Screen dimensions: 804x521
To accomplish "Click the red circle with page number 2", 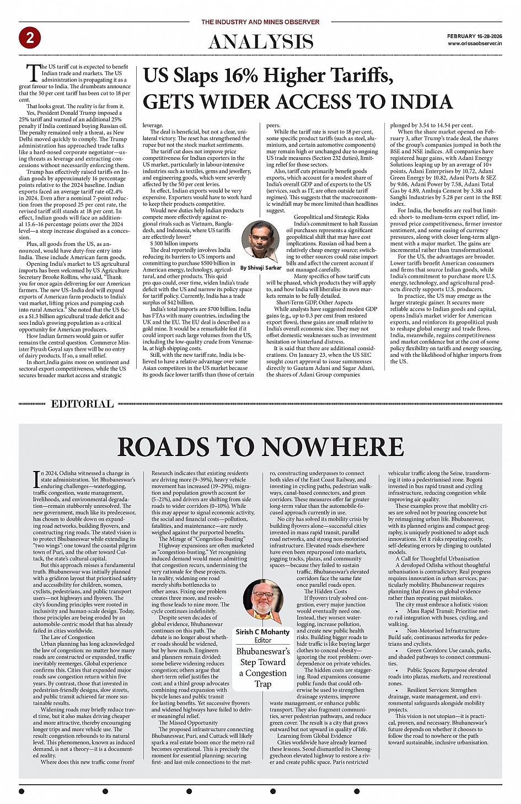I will [30, 37].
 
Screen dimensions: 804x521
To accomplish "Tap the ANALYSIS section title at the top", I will [260, 41].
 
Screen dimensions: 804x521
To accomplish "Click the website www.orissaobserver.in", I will [475, 43].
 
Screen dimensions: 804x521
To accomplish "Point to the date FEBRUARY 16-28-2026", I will [474, 36].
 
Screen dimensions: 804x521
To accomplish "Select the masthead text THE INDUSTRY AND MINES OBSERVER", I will [260, 22].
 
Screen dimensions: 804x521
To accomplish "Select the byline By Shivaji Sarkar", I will [261, 267].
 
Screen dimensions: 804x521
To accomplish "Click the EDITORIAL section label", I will [82, 404].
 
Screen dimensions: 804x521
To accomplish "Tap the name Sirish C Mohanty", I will [262, 631].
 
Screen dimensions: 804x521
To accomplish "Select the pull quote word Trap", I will [263, 684].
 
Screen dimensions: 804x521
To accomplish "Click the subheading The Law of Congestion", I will [68, 637].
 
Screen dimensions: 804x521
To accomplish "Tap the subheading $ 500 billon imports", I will [174, 243].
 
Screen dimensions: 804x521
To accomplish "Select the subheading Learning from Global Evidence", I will [314, 736].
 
